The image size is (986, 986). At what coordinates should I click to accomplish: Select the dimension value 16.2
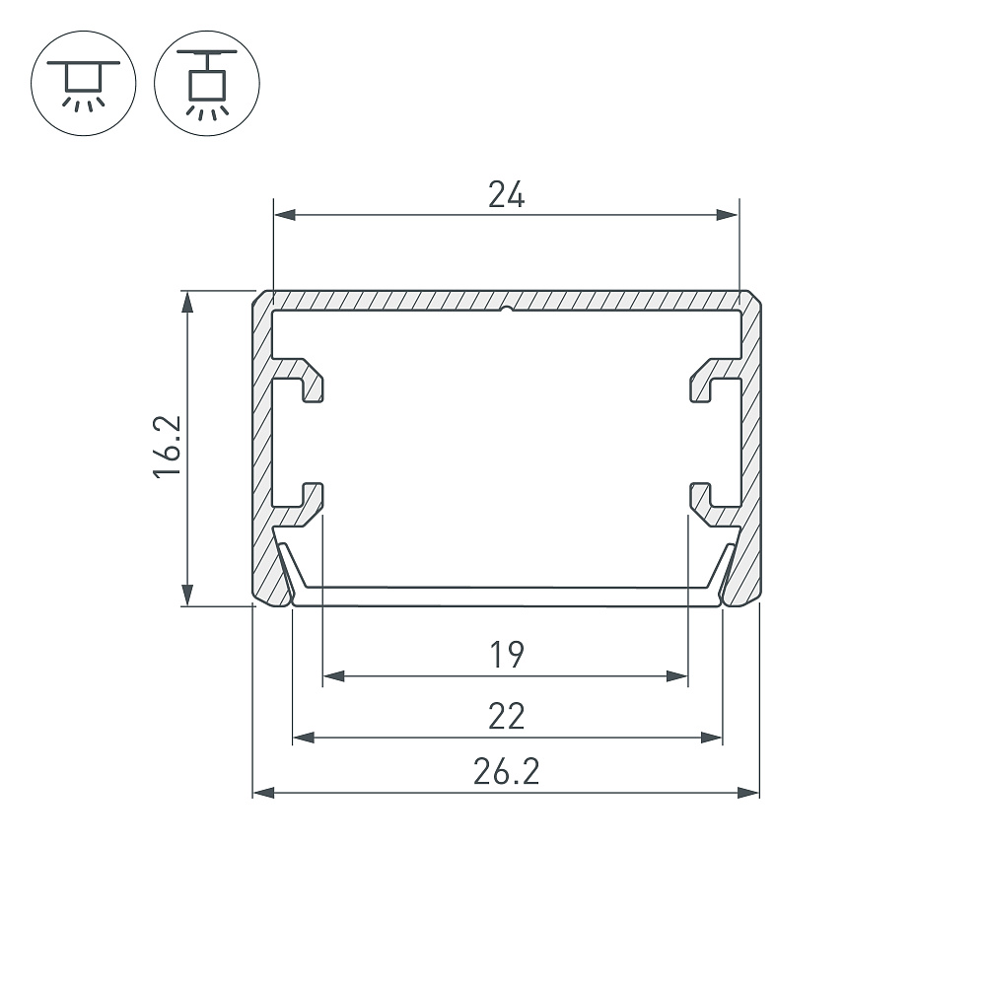click(168, 447)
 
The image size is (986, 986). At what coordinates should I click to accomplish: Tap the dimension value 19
click(506, 655)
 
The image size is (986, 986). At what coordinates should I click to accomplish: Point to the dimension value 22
click(506, 716)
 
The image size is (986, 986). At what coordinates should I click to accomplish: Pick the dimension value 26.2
click(506, 772)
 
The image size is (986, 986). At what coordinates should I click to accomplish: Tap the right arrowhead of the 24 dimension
click(728, 215)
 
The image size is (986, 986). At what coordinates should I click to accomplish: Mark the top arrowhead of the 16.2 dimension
click(186, 303)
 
